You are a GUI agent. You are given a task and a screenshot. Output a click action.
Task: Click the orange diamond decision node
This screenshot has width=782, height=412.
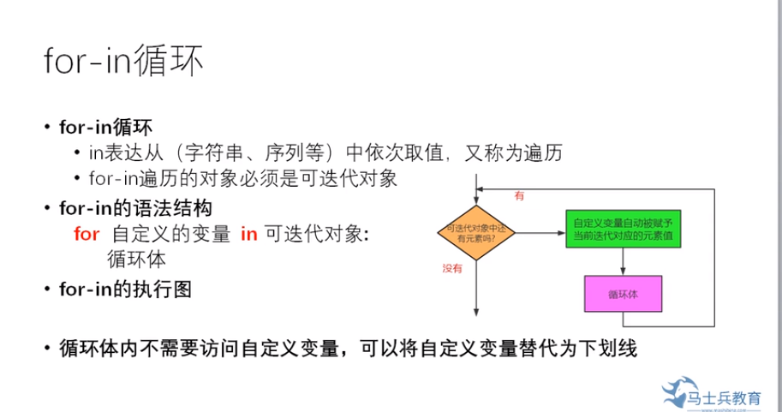475,231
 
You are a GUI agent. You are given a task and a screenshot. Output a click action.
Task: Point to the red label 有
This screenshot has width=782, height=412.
518,196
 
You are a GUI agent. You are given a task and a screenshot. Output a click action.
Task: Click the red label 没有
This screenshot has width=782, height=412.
452,268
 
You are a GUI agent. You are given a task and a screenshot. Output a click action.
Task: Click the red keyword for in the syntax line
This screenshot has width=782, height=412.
87,234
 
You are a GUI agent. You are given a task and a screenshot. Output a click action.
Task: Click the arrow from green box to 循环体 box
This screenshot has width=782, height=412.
623,262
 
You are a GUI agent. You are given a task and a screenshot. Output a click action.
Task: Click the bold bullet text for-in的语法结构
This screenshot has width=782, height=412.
136,207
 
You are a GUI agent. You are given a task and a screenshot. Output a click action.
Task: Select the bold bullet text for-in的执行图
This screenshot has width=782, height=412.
126,289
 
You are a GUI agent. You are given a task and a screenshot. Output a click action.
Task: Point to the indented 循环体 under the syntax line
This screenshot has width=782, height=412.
136,259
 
